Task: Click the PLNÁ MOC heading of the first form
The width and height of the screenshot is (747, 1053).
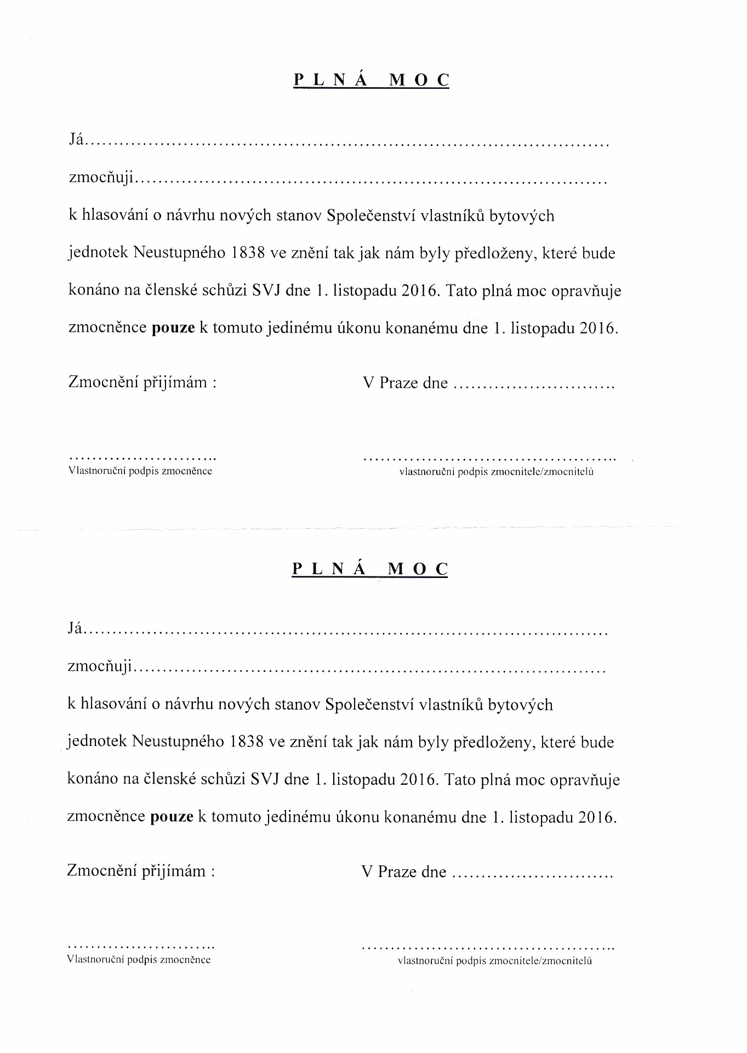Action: tap(372, 80)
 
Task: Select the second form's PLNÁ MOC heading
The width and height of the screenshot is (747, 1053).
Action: tap(370, 569)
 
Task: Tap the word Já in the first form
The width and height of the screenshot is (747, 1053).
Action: tap(76, 141)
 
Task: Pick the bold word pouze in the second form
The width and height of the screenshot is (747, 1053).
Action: tap(172, 817)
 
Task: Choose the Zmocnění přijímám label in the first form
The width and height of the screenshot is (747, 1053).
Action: tap(142, 382)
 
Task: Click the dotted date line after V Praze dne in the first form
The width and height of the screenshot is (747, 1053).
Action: tap(534, 386)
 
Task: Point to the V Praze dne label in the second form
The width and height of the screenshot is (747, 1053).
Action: tap(403, 871)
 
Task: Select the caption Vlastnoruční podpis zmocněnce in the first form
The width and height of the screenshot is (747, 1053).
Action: tap(140, 471)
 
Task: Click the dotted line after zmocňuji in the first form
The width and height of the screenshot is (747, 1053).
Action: tap(370, 182)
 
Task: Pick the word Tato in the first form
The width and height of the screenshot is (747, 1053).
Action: tap(461, 290)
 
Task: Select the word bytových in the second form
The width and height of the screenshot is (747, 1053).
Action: tap(520, 704)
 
